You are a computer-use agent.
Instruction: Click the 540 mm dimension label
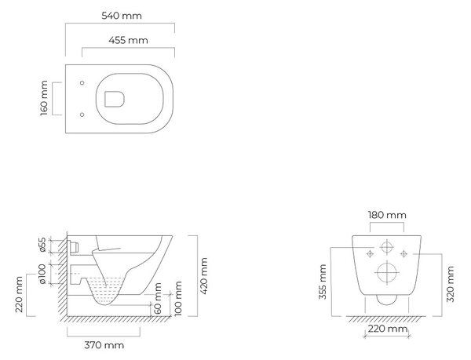click(122, 16)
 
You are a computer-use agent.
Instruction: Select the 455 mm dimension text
click(128, 40)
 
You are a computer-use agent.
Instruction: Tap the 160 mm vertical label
click(44, 98)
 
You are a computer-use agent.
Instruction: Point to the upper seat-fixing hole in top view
click(82, 83)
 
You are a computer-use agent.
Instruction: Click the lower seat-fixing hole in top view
click(82, 115)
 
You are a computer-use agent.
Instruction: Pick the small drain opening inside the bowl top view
click(115, 100)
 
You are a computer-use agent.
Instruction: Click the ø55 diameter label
click(42, 245)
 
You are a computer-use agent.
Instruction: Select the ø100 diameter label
click(42, 274)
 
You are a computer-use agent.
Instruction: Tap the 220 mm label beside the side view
click(19, 295)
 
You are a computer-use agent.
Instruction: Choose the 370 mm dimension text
click(104, 345)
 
